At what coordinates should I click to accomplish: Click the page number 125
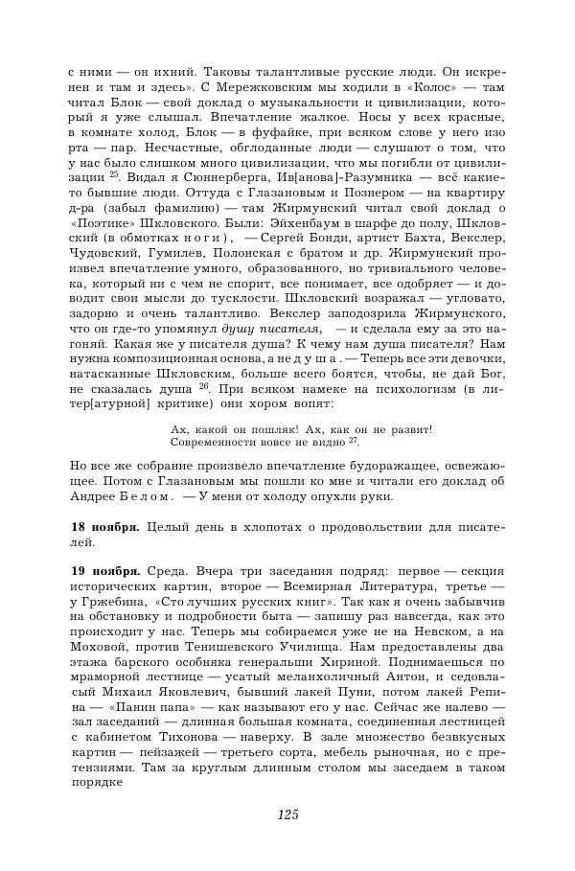pos(287,814)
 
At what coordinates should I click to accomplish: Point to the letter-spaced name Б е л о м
pos(147,496)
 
